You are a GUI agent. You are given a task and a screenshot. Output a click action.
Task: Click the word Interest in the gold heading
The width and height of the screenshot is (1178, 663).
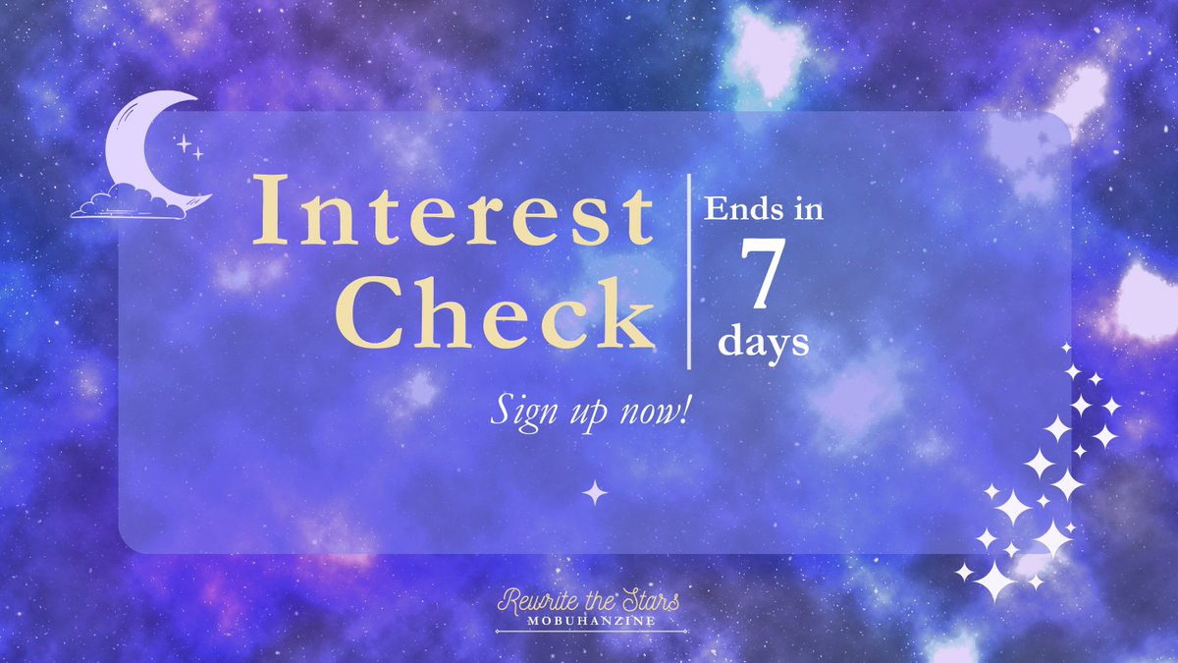click(453, 211)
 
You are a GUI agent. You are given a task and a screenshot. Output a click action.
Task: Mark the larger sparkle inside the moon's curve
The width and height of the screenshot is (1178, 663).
click(183, 143)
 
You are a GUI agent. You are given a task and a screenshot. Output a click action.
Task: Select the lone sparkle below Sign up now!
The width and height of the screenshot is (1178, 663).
click(595, 492)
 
